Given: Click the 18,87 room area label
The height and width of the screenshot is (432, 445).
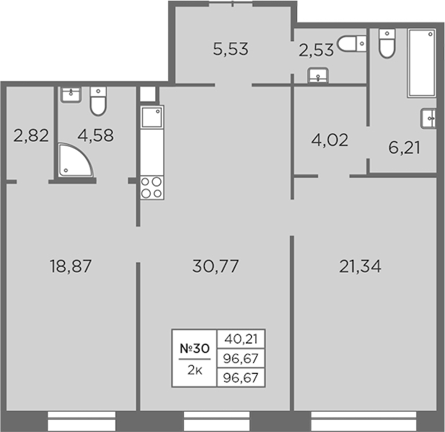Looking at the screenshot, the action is pos(71,266).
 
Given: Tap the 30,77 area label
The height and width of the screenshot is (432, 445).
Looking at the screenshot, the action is pos(216,266).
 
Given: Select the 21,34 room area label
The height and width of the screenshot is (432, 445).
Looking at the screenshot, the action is pos(360,266).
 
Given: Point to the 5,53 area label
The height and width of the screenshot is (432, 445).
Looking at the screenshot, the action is pos(231,49).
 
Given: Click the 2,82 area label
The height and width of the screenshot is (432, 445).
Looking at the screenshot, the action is pos(31,135).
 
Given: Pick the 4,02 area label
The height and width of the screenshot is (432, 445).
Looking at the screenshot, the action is pos(330,140).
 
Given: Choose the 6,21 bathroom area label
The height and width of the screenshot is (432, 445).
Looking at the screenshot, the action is pos(404,148).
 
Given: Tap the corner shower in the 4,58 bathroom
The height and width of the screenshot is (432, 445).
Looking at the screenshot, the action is pos(76,161).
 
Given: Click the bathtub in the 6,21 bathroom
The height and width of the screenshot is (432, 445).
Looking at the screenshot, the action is pos(421,63).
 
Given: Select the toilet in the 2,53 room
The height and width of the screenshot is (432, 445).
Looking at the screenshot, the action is pos(351,44).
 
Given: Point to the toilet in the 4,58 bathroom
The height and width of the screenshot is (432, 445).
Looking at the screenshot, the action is pos(98,101).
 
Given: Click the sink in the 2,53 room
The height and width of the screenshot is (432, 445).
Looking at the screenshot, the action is pos(318,76).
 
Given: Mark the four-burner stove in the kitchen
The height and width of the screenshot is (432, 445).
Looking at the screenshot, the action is pos(152,187).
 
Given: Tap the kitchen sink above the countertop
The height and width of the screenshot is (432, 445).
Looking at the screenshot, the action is pos(152,117).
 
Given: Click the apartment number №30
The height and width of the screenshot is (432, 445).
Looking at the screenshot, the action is pos(195,348).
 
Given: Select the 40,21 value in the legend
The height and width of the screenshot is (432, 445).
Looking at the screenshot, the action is pos(241,339).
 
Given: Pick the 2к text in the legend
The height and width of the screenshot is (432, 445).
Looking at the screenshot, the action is pos(195,370).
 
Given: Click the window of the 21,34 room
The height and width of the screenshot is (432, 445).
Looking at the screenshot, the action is pos(364,421).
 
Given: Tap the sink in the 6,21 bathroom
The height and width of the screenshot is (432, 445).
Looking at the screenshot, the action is pos(428,119).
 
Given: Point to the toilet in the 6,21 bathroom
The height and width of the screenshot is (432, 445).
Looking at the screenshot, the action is pos(387,43).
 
